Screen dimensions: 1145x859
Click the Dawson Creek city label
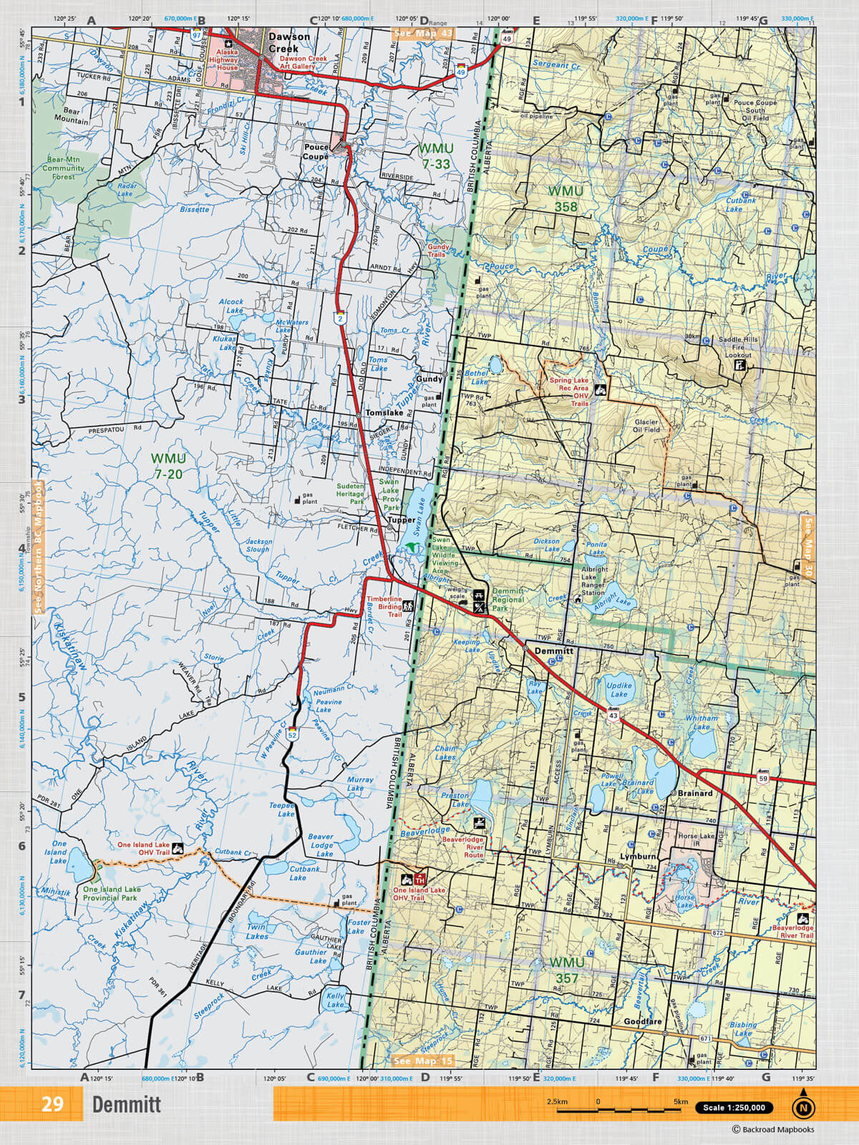pos(289,42)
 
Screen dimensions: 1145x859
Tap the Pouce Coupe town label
pos(316,152)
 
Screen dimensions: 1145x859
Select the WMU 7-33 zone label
pos(435,155)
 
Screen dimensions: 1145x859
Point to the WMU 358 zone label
pos(566,198)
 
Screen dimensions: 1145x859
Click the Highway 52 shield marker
pos(292,734)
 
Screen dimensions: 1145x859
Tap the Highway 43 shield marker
pos(613,714)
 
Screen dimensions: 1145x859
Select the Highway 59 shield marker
pos(763,778)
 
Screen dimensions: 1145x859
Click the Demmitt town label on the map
pos(554,651)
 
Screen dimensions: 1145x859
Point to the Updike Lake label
pos(619,689)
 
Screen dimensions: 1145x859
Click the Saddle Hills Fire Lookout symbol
pos(740,366)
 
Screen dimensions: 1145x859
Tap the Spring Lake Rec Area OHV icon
pos(600,391)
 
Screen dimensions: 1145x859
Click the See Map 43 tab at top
pos(424,34)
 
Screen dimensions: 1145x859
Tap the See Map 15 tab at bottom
pos(424,1061)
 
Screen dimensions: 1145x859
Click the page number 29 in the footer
pos(52,1103)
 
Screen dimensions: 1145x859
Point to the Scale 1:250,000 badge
pos(734,1107)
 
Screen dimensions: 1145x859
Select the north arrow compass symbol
pos(803,1106)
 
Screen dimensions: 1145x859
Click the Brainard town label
pos(695,793)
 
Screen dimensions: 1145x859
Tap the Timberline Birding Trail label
pos(384,606)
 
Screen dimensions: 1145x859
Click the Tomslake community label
pos(384,413)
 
